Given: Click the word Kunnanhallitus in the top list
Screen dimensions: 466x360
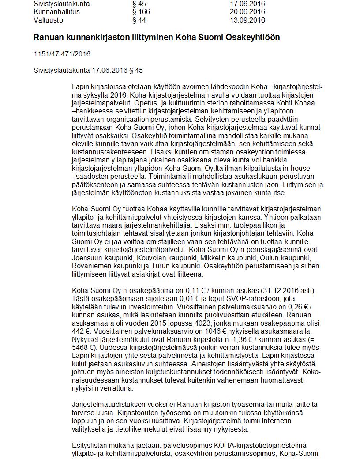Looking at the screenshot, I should click(56, 12).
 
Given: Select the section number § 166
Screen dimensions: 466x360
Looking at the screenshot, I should click(141, 12).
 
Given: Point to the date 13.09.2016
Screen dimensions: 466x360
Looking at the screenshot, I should click(247, 20).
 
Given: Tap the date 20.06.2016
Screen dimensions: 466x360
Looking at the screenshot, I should click(247, 12).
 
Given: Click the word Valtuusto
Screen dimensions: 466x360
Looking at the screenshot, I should click(48, 20).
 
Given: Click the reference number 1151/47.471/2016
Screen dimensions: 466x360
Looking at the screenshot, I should click(62, 54).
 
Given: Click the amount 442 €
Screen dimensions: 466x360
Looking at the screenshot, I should click(80, 331).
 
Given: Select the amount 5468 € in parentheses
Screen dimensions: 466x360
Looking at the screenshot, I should click(82, 347).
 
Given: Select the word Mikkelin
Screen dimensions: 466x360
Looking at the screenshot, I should click(214, 257).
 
